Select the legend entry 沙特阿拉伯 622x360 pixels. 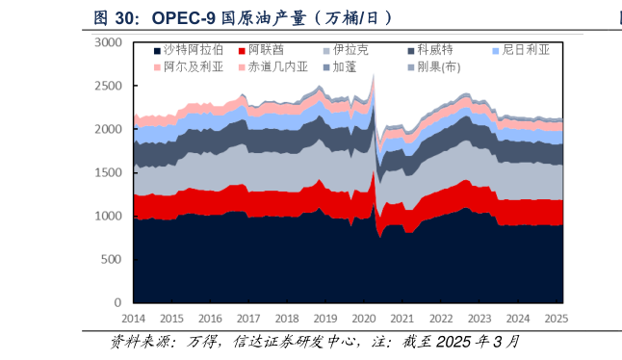coord(194,49)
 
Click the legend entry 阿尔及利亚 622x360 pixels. coord(194,66)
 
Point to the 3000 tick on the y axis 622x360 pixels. coord(109,42)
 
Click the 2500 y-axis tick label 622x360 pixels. coord(109,86)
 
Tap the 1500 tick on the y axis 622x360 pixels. coord(109,172)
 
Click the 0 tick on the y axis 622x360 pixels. coord(117,302)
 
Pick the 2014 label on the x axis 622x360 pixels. coord(133,318)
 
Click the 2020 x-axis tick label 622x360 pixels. coord(365,318)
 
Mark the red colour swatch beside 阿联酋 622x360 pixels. coord(241,49)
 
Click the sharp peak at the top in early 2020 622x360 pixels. coord(374,75)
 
